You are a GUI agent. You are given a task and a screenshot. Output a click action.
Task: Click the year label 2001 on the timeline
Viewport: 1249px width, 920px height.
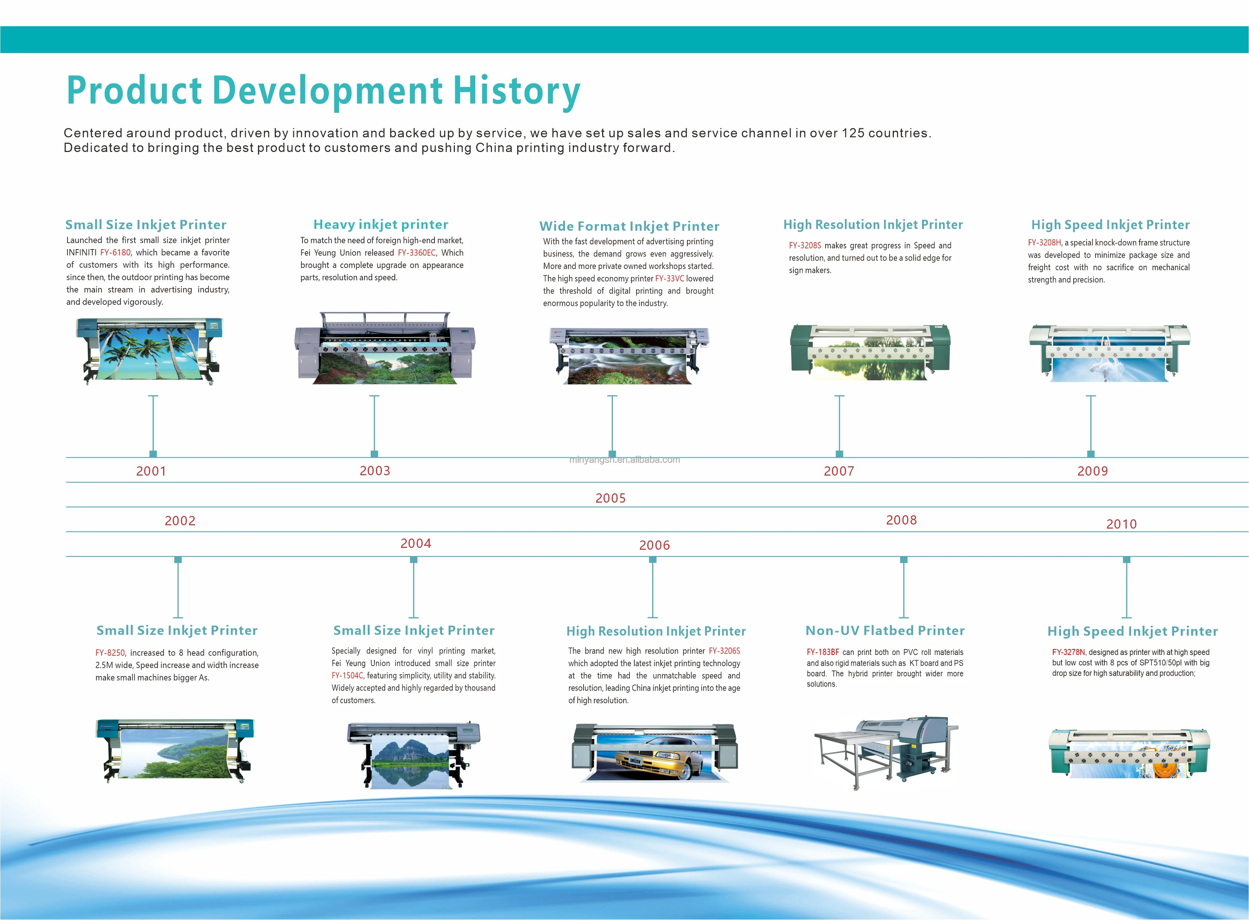click(151, 471)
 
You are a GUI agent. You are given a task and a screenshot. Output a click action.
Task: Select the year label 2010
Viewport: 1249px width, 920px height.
click(1121, 524)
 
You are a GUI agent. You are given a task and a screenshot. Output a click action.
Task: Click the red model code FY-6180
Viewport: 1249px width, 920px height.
click(115, 253)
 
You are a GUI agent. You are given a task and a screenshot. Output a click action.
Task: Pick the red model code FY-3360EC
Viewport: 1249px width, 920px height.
click(417, 253)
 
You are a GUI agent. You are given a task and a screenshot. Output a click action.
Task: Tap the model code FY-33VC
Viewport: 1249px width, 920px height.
click(669, 278)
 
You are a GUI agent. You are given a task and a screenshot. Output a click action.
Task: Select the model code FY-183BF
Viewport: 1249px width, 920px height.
click(822, 652)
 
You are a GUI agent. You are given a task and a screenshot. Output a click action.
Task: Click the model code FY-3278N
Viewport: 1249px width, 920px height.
click(1068, 652)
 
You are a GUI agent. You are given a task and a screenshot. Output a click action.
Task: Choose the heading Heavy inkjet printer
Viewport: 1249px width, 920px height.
click(381, 224)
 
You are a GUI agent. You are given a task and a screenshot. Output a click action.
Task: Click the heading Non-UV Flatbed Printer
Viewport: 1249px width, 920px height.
click(885, 631)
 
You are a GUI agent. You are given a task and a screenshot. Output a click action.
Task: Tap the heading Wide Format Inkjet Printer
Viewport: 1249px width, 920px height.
click(629, 226)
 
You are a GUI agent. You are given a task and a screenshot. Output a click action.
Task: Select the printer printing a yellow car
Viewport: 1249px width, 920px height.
click(654, 752)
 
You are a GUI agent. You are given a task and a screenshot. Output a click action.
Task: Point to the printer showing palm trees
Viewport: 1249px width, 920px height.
click(149, 351)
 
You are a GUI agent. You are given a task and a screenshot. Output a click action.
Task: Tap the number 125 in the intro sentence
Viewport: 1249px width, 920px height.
click(853, 133)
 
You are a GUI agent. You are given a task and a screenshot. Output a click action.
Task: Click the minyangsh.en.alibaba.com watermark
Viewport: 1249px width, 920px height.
click(624, 459)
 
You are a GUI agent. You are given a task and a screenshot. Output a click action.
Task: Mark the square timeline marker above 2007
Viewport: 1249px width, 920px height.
click(839, 454)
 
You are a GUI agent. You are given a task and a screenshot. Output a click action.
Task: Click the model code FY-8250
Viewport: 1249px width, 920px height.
click(110, 653)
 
